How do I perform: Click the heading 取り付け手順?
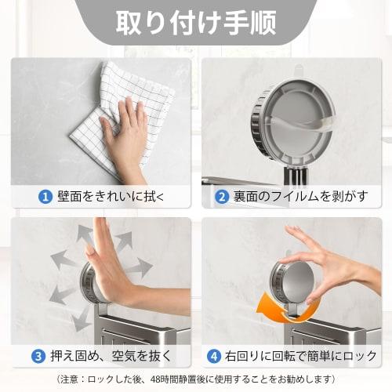tap(195, 22)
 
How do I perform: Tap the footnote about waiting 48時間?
tap(196, 379)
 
